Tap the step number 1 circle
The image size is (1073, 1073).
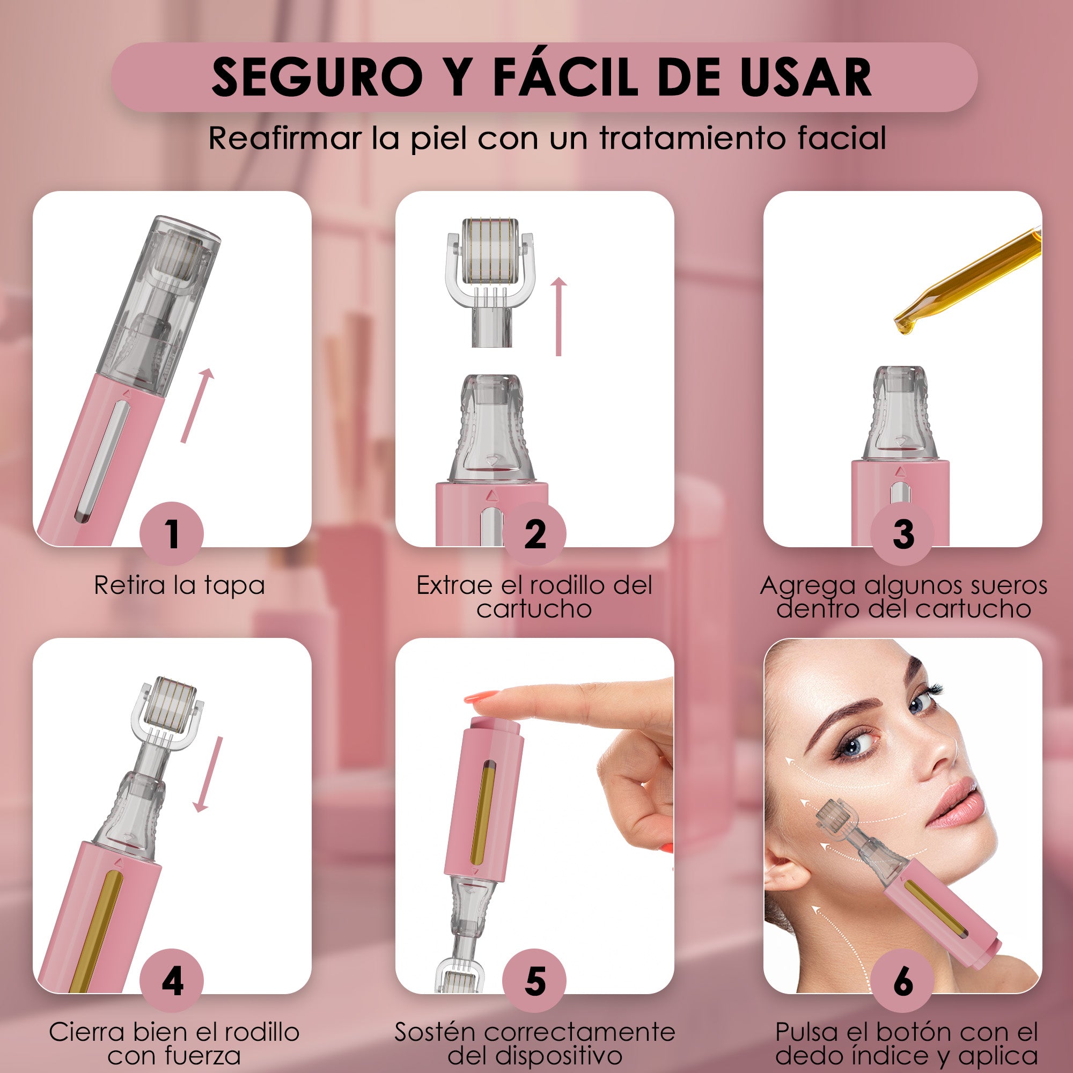172,534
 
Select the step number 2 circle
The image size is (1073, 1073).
535,534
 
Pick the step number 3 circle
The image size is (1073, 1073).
903,534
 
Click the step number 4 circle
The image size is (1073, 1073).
172,981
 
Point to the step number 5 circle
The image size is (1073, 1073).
535,981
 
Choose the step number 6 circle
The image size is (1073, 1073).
903,981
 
